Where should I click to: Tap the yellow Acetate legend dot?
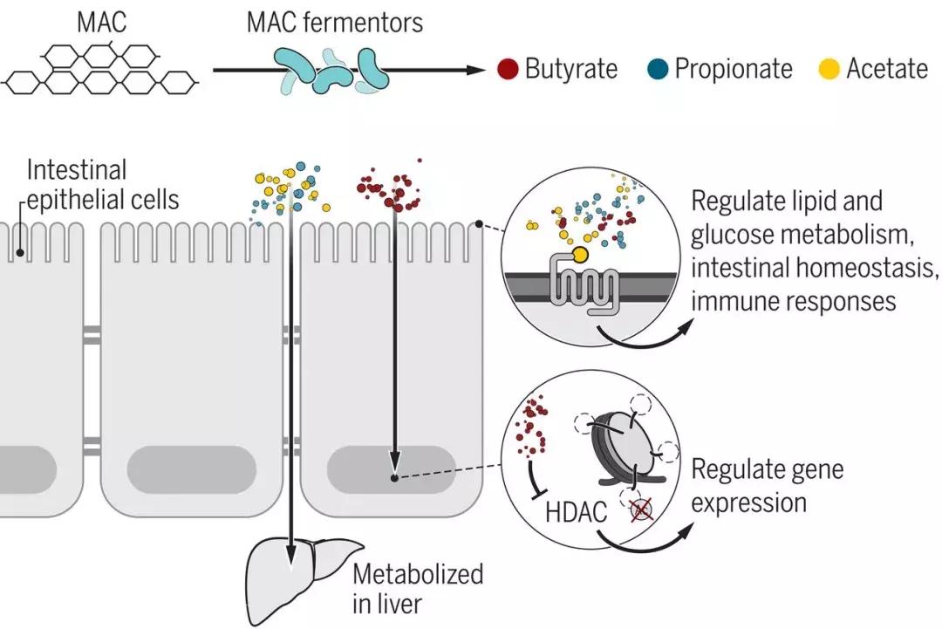(x=831, y=69)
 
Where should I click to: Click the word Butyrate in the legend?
(x=570, y=69)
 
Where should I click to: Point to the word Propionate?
(x=733, y=69)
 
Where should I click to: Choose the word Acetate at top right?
(x=887, y=69)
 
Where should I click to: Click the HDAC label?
(x=576, y=512)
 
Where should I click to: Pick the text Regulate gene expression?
(x=767, y=485)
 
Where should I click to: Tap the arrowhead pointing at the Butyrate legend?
(x=475, y=70)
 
